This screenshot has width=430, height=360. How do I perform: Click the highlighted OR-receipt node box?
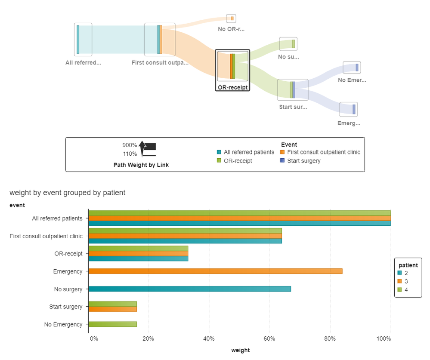click(232, 66)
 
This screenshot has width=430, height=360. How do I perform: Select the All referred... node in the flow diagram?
click(83, 40)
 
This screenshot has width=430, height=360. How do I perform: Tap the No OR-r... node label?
click(231, 29)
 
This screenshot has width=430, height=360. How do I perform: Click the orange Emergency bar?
click(215, 271)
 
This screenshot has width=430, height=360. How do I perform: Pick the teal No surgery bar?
click(189, 289)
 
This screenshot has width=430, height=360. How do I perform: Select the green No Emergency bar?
click(112, 324)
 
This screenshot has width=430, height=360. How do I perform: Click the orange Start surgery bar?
click(112, 309)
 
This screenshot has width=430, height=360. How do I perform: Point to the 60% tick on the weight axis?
click(269, 338)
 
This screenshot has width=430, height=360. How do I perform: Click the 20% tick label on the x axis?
click(148, 338)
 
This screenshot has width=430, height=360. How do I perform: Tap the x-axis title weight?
click(240, 350)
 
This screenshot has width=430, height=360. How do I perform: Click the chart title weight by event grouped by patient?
click(67, 193)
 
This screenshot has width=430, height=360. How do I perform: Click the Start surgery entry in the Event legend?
click(304, 161)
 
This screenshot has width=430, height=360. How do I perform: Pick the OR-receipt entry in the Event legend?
click(238, 161)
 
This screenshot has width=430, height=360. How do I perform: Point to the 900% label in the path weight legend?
click(130, 145)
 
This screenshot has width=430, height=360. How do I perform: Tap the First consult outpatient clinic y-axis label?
click(46, 236)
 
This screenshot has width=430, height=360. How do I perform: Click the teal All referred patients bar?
click(239, 223)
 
